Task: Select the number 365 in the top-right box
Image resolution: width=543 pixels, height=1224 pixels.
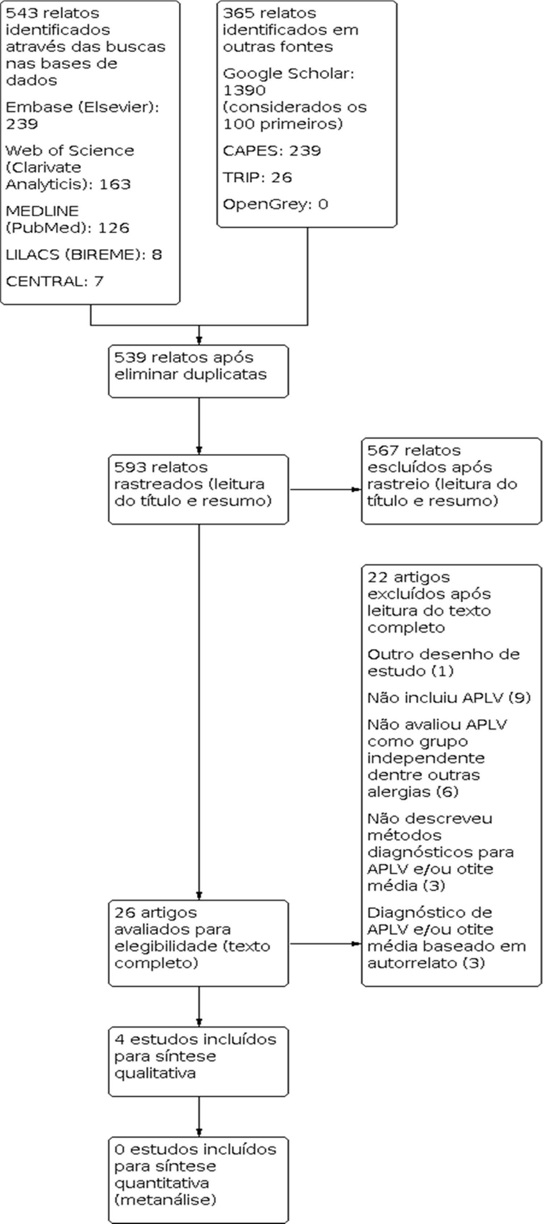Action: click(x=237, y=13)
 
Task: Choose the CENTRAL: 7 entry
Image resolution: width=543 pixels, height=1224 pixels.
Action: click(x=54, y=281)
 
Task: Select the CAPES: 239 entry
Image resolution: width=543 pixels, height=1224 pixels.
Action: click(x=272, y=151)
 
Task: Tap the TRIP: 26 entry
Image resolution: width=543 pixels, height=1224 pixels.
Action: click(x=257, y=177)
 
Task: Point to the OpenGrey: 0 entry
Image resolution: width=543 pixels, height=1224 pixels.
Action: click(x=275, y=204)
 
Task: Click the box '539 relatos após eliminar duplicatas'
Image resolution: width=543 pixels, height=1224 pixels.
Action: click(x=198, y=371)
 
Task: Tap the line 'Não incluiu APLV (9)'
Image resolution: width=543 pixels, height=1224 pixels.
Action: click(x=449, y=698)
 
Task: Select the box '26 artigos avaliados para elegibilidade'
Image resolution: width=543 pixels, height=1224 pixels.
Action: click(x=198, y=943)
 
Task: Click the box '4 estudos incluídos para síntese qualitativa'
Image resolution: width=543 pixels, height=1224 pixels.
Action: click(x=198, y=1061)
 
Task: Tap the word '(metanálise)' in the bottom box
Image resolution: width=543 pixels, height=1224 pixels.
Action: click(x=165, y=1200)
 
